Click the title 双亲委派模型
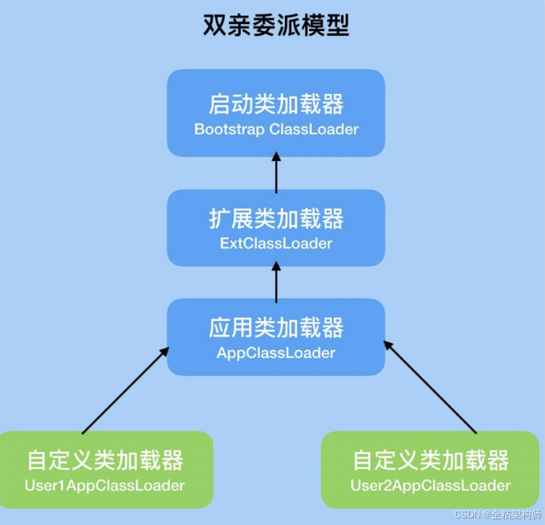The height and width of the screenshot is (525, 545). pos(276,25)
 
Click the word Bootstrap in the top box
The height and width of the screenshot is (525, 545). pos(230,129)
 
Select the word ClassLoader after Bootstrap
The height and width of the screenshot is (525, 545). pos(314,129)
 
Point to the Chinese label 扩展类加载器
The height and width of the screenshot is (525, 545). pos(276,218)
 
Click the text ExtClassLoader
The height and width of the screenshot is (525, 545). pos(276,244)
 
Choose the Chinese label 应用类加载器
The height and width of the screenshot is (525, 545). pos(276,327)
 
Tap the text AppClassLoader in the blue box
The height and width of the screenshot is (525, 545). pos(276,353)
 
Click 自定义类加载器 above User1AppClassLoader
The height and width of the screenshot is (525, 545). pos(105,459)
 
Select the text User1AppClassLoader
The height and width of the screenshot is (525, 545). pos(105,485)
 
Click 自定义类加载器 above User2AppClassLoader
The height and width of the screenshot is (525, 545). pos(430,459)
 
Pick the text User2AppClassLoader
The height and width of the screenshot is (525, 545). pos(430,485)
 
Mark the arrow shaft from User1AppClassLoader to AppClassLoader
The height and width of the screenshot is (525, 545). pos(124,390)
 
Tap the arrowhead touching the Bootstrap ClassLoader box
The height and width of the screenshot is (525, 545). pos(276,163)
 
